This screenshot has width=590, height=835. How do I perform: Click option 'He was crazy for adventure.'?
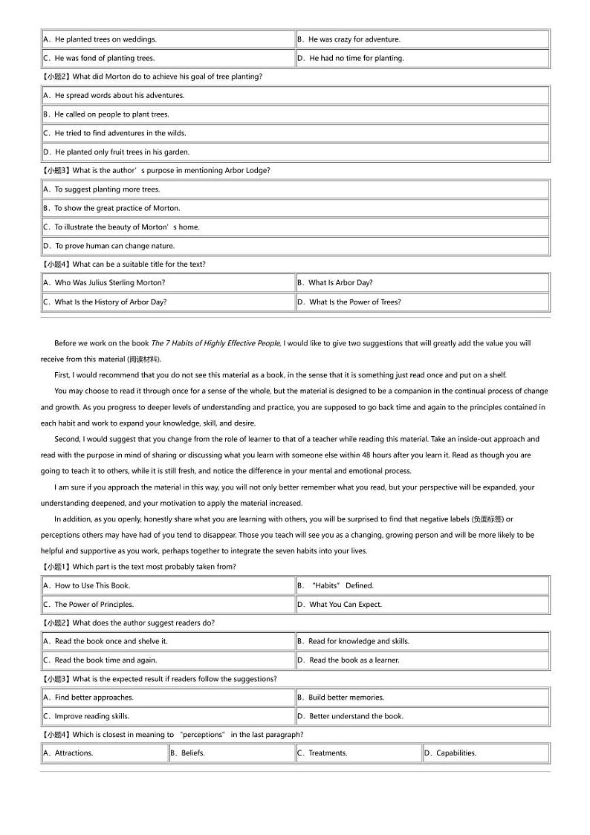click(354, 39)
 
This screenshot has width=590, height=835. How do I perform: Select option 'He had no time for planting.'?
click(356, 58)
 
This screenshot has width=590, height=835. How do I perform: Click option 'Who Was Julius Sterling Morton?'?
click(109, 282)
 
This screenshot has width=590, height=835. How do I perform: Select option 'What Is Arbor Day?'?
click(340, 282)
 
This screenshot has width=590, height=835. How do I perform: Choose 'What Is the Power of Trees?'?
click(354, 302)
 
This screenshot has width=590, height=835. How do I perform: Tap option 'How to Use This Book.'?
click(92, 585)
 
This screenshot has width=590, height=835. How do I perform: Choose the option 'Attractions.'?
click(74, 753)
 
